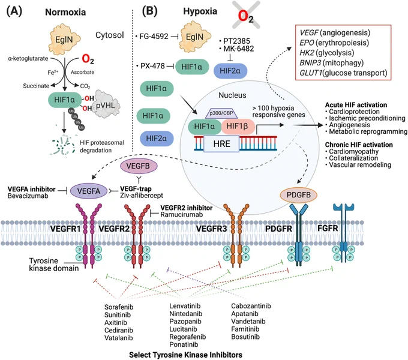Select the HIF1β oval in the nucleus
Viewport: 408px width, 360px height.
click(x=238, y=127)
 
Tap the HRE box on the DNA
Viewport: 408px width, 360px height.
click(x=221, y=143)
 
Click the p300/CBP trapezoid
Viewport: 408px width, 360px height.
click(x=221, y=113)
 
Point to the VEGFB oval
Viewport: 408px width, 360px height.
click(x=138, y=166)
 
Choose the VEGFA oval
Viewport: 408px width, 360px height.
click(x=89, y=191)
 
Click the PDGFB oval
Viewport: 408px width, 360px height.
click(x=298, y=195)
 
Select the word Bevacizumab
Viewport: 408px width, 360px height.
click(x=28, y=196)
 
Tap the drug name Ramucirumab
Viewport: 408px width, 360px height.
click(x=182, y=215)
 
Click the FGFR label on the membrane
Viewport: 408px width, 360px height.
click(x=328, y=229)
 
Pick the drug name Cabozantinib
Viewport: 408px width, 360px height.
click(x=251, y=306)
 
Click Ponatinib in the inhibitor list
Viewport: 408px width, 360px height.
click(x=184, y=344)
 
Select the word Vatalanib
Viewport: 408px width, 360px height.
click(x=119, y=338)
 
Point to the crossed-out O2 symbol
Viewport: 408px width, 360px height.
click(x=246, y=14)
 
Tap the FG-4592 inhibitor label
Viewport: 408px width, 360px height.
click(x=154, y=37)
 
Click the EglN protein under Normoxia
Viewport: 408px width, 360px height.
click(x=64, y=39)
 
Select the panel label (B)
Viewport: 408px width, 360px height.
click(x=149, y=11)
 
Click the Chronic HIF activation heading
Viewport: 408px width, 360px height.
click(x=359, y=145)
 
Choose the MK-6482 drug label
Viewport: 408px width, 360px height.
click(x=239, y=49)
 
